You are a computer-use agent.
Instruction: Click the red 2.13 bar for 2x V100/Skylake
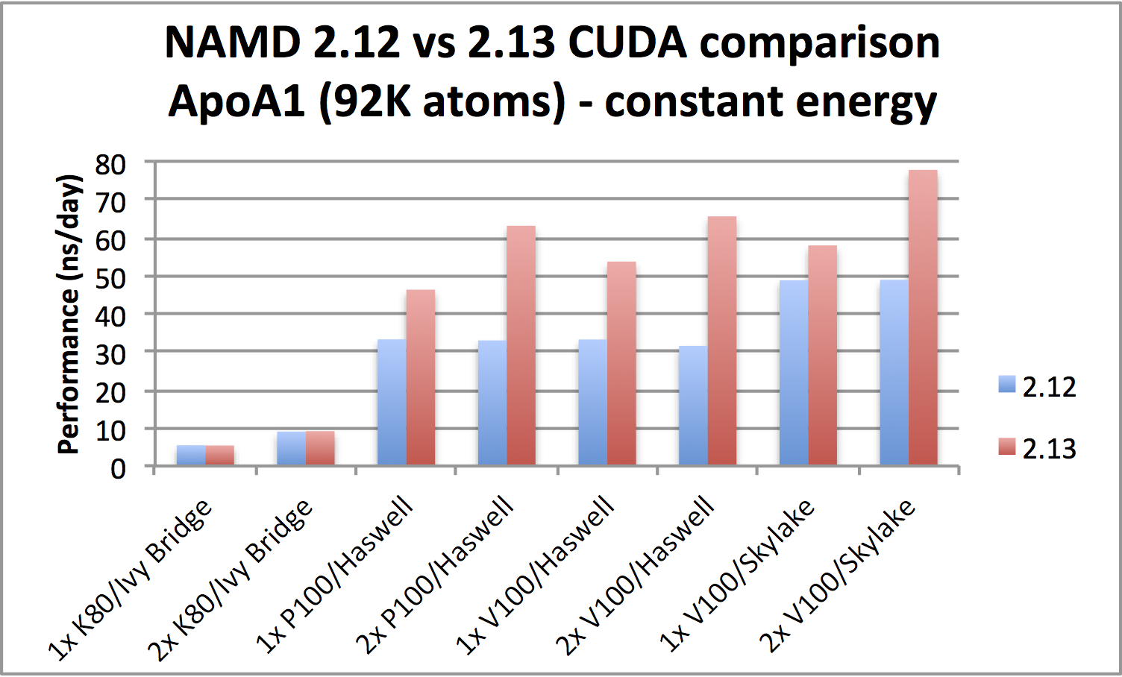pos(923,318)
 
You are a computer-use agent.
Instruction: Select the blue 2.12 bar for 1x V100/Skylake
pos(794,373)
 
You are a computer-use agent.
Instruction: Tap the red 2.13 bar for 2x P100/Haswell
pos(521,346)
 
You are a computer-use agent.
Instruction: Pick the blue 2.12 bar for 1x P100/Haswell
pos(392,403)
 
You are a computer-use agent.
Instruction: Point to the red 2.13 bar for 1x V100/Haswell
pos(621,364)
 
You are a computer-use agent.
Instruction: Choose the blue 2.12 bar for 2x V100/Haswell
pos(693,406)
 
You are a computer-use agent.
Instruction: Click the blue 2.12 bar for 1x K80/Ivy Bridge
pos(191,456)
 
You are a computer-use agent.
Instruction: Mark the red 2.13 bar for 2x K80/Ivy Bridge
pos(320,448)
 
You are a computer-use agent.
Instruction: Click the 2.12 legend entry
pos(1038,387)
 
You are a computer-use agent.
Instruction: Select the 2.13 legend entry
pos(1038,448)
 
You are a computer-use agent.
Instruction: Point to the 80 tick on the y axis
pos(110,164)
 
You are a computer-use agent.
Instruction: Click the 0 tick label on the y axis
pos(118,469)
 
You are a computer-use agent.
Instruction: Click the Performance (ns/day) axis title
pos(69,314)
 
